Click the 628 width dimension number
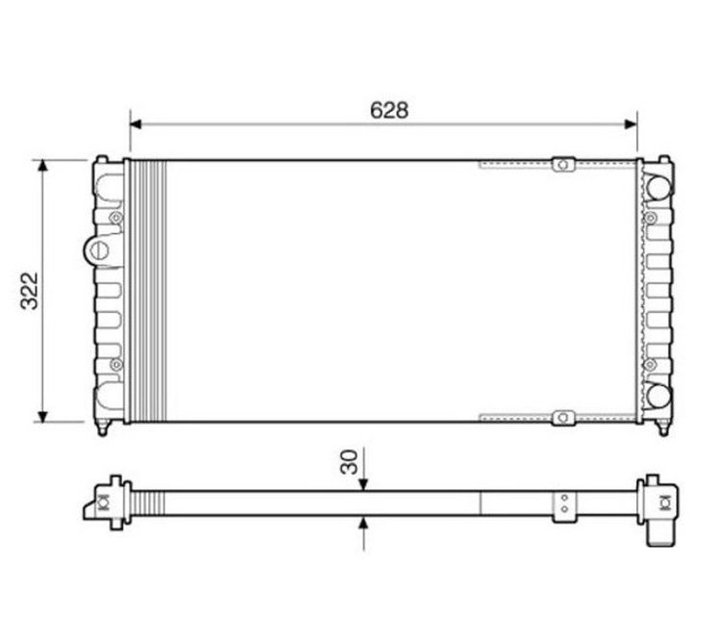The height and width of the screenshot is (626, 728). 389,110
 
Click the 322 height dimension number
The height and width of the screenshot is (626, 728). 30,290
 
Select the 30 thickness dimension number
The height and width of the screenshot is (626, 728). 349,461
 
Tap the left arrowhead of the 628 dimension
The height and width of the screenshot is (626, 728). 135,124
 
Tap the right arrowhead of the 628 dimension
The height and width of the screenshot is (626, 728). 632,124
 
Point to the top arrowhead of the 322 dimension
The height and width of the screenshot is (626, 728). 42,166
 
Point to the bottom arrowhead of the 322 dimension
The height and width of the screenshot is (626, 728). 42,416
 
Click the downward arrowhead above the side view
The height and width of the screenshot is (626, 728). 363,485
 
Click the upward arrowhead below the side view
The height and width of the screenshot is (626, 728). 363,523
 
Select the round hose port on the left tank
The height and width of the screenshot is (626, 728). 99,251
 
